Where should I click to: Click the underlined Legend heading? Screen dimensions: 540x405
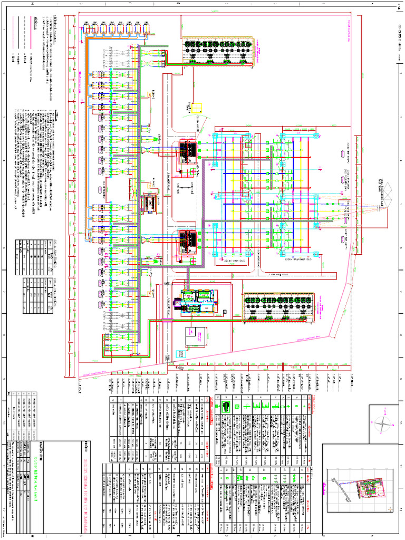[36, 21]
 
